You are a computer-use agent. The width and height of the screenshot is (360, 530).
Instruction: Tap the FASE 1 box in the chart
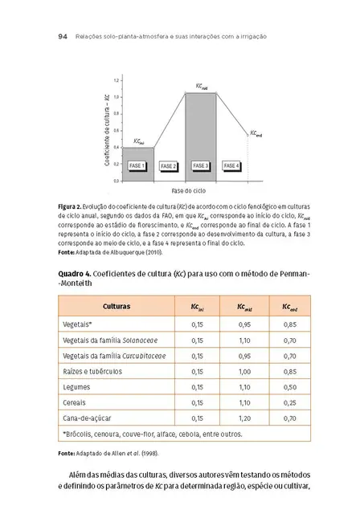[x=137, y=165]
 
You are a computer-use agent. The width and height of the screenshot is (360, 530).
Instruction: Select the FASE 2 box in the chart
[x=168, y=165]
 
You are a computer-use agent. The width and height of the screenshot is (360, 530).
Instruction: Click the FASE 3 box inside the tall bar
[x=200, y=165]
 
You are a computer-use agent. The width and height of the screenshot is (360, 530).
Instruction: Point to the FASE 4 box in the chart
[x=231, y=165]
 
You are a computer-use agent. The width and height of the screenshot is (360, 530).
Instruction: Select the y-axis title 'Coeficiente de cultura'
[x=107, y=130]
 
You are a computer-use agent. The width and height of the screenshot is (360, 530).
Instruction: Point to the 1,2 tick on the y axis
[x=116, y=81]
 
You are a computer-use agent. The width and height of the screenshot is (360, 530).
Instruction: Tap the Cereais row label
[x=75, y=402]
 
